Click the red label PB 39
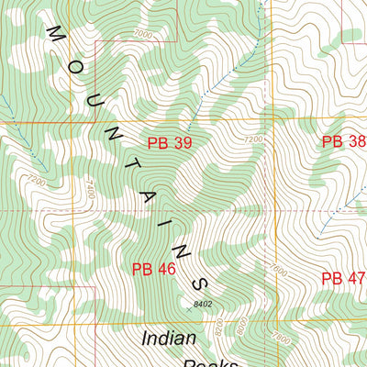click(x=170, y=142)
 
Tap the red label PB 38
click(x=343, y=141)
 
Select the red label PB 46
click(x=153, y=269)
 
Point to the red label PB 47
click(x=343, y=278)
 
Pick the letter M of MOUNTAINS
click(x=53, y=34)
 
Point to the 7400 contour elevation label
click(x=89, y=186)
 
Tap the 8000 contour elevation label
click(x=241, y=325)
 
